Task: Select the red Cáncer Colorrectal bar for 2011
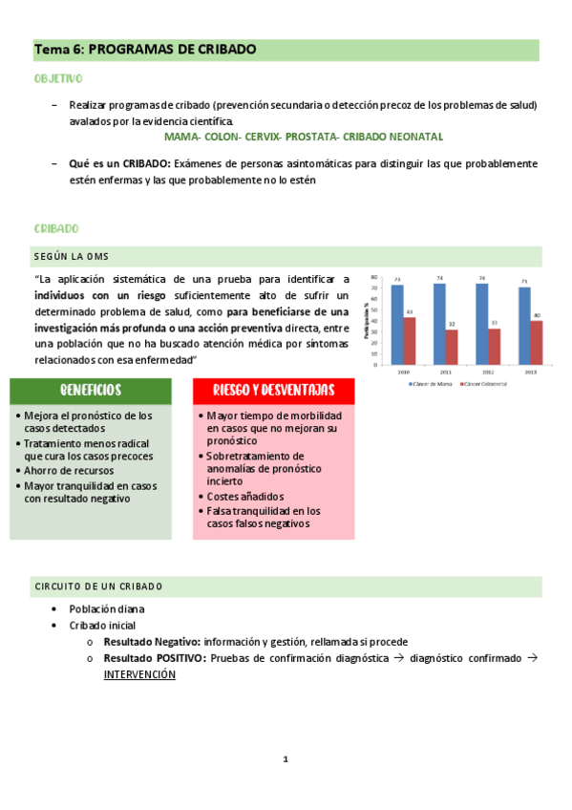tap(452, 347)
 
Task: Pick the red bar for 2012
tap(494, 347)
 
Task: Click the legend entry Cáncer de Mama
tap(433, 383)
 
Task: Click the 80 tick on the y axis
tap(375, 279)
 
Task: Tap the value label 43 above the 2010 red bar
tap(410, 312)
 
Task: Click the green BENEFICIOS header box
tap(91, 391)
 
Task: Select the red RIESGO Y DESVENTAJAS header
tap(273, 391)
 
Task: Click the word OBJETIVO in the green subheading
tap(58, 78)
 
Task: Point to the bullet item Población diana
tap(106, 608)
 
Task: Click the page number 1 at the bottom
tap(285, 760)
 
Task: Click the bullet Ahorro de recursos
tap(70, 470)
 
